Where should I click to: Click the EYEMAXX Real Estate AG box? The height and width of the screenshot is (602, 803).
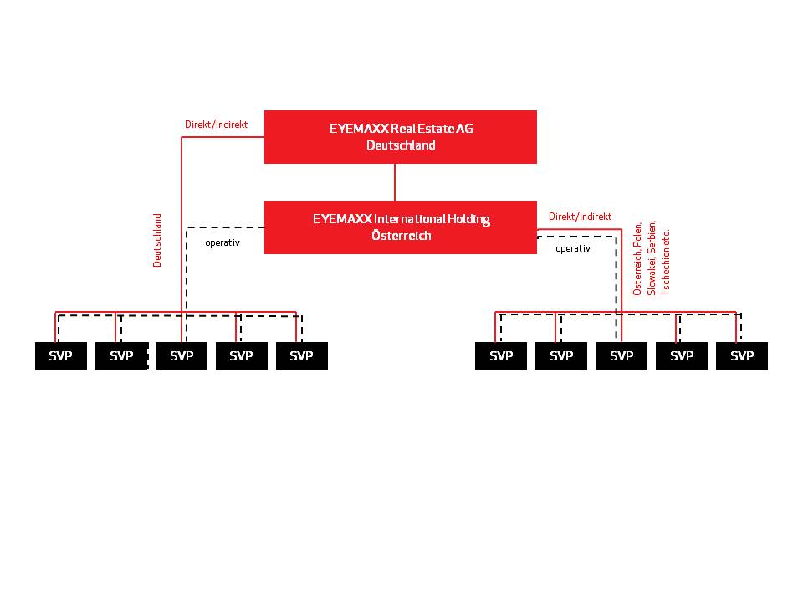(401, 137)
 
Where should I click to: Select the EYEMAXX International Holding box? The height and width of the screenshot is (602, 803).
(401, 227)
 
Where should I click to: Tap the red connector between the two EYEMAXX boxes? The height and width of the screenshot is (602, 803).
(395, 182)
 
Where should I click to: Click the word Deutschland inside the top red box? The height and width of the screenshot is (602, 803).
(401, 145)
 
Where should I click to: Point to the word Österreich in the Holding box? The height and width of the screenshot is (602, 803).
(401, 236)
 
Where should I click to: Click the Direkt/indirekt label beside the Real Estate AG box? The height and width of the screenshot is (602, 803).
(216, 125)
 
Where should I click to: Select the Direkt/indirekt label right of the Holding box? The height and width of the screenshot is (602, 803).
(580, 217)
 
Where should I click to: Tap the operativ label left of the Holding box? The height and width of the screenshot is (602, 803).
(222, 242)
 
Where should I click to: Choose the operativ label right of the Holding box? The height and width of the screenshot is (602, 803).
(572, 249)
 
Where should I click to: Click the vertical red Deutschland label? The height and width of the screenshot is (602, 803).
(157, 240)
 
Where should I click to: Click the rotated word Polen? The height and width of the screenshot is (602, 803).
(637, 235)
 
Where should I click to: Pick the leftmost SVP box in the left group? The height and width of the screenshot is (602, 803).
(61, 356)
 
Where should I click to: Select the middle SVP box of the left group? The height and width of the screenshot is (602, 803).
(182, 356)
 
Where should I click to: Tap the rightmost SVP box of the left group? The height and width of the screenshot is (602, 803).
(302, 356)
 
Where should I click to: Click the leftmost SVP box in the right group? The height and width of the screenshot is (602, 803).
(501, 356)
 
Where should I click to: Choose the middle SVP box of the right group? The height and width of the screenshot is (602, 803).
(621, 356)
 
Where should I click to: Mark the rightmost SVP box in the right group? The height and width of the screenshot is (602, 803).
(742, 356)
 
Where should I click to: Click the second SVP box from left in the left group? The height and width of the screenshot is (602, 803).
(121, 356)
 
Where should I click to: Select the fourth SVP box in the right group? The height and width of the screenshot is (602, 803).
(682, 356)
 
